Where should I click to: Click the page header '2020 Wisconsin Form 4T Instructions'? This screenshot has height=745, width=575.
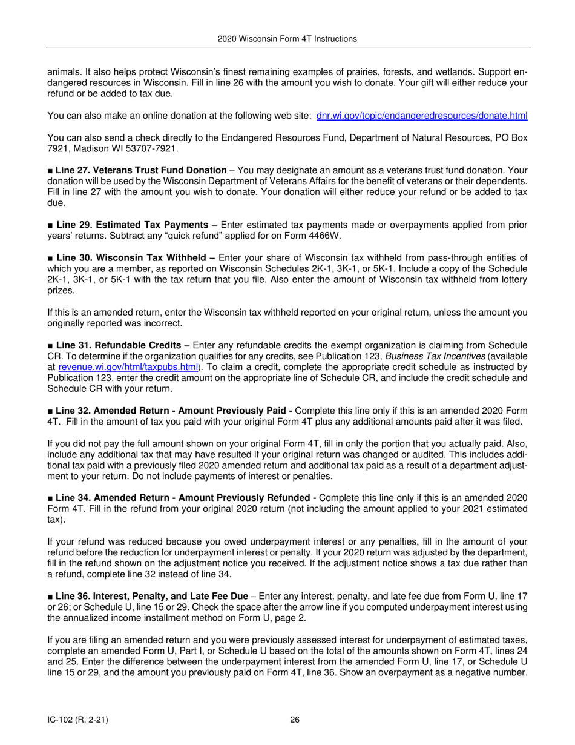coord(287,39)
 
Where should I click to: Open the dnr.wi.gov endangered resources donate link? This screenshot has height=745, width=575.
coord(422,116)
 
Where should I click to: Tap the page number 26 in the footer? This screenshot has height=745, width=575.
coord(295,720)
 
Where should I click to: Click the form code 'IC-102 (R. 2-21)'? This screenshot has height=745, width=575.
coord(78,720)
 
